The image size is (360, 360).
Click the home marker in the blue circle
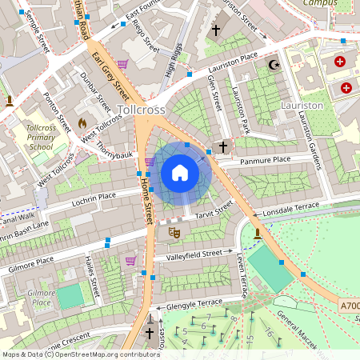[180, 173]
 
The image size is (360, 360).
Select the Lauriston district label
[302, 105]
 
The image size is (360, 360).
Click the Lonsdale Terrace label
[290, 206]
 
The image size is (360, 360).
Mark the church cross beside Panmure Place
[223, 147]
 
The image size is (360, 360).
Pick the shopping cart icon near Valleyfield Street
[130, 261]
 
